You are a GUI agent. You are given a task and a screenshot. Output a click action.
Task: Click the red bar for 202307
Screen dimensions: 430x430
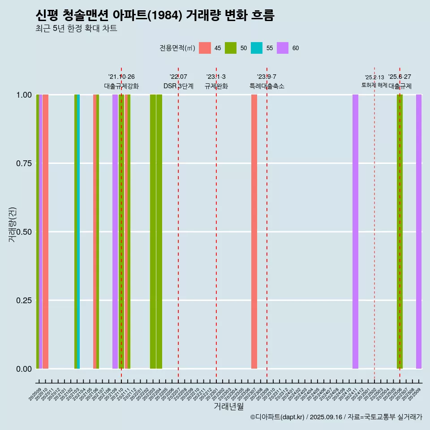point(254,232)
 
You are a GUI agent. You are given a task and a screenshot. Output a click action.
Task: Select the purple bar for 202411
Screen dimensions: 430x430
point(355,232)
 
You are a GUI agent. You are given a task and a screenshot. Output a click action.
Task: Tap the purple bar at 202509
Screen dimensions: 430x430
point(419,232)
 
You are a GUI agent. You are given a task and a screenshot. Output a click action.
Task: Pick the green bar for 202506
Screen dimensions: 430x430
point(400,232)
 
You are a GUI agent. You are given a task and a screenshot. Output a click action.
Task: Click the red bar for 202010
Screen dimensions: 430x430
point(45,232)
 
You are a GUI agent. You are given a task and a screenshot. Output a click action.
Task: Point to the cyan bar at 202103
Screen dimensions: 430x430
point(78,232)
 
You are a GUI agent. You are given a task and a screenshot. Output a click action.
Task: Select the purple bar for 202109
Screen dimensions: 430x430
point(115,232)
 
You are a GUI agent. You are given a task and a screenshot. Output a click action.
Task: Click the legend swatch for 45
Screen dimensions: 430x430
point(205,48)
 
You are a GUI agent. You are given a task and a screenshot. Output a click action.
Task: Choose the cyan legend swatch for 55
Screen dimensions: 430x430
point(257,48)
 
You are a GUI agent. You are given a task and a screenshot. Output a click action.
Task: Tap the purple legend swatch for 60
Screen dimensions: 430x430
point(283,48)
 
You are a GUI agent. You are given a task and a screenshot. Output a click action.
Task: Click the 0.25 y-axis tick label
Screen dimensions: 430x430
point(24,300)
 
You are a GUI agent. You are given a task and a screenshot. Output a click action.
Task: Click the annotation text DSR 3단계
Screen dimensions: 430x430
point(178,86)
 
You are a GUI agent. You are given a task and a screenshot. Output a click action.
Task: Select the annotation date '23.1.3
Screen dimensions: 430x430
point(216,77)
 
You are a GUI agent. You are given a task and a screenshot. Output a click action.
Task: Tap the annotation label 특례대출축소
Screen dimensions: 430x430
point(267,86)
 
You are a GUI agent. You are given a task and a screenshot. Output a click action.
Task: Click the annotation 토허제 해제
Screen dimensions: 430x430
point(374,85)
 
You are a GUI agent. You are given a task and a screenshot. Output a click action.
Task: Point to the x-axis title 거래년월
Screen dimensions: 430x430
point(228,407)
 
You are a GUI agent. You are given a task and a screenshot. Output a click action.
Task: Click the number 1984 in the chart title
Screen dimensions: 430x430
point(165,15)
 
